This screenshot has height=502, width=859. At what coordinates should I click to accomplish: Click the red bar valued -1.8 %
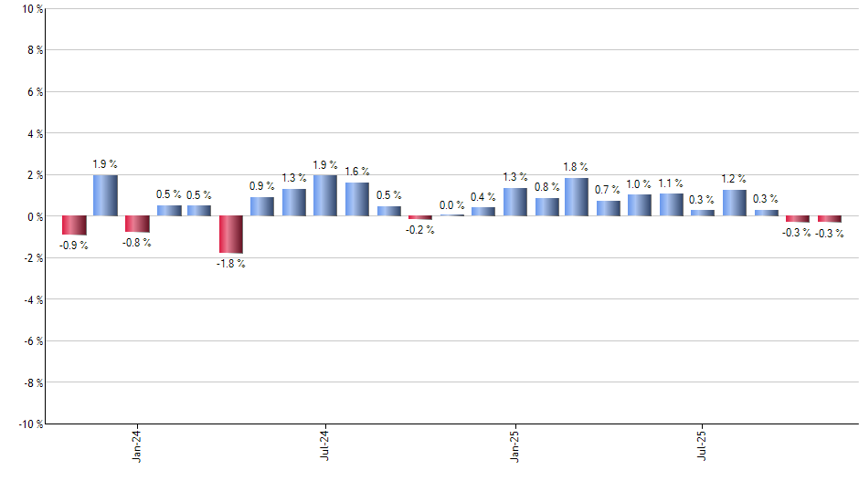coord(231,235)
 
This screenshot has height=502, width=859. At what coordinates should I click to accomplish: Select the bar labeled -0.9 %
coord(74,225)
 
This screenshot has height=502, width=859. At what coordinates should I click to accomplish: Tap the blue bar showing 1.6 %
coord(356,199)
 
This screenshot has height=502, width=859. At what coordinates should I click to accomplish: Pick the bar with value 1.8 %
coord(577,197)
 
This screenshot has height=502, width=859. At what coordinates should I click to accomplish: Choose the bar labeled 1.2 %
coord(734,203)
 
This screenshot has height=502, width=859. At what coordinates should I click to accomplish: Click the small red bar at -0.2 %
coord(419,218)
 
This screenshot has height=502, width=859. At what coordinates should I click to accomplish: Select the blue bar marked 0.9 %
coord(262,207)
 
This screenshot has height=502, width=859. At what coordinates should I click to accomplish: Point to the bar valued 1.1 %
coord(672,204)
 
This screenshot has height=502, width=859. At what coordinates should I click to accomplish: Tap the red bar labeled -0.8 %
coord(137,225)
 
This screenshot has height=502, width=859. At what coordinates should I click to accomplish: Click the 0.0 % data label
coord(451,205)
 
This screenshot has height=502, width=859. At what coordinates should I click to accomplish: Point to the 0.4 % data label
coord(483,197)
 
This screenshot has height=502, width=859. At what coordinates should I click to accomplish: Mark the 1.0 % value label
coord(640,184)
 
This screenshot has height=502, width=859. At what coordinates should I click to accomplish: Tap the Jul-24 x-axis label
coord(325,446)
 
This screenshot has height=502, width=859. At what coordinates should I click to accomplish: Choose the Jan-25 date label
coord(514,446)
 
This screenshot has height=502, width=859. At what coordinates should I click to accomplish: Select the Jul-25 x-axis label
coord(703,446)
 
